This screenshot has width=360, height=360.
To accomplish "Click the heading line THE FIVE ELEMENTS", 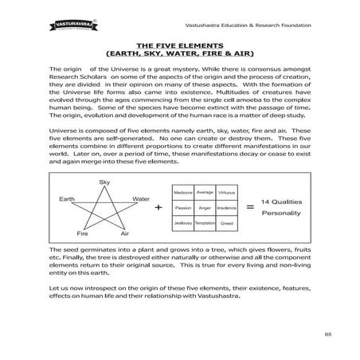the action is (179, 46).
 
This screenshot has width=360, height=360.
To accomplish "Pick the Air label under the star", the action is (125, 234).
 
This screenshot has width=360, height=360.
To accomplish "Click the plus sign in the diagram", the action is (158, 208).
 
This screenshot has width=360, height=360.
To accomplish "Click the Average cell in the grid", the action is (205, 193).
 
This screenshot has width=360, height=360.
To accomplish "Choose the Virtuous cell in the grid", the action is (226, 193).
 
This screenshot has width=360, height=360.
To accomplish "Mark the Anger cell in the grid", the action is (205, 209).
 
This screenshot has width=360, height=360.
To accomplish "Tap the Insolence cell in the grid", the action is (226, 209).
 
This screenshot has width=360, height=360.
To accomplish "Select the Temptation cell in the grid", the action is (205, 224).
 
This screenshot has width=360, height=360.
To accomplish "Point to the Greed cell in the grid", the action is (226, 224).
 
